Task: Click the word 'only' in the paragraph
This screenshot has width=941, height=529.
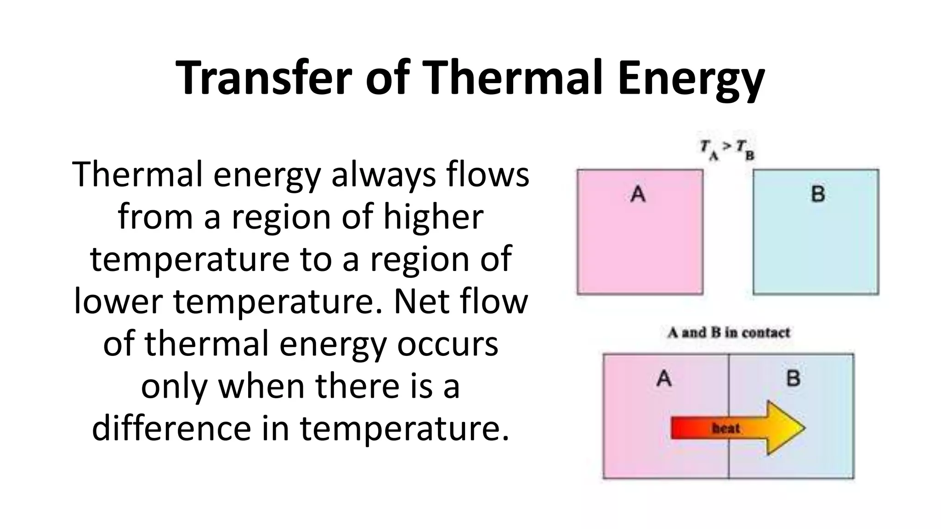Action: click(x=174, y=386)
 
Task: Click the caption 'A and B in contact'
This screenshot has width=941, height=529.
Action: click(x=729, y=332)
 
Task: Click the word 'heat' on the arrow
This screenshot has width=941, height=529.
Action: click(x=726, y=428)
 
